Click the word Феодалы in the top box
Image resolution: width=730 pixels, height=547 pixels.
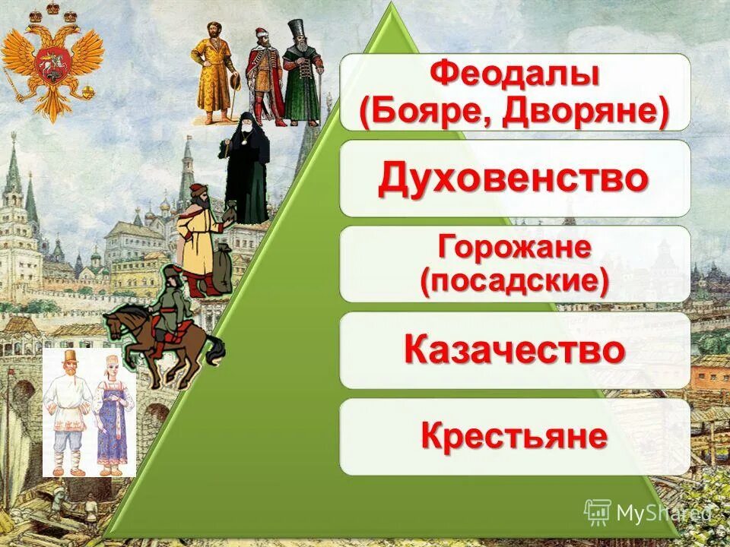[514, 75]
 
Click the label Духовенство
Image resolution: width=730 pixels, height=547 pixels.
[514, 179]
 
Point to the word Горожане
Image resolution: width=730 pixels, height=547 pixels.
[514, 247]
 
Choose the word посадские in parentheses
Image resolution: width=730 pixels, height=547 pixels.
[514, 282]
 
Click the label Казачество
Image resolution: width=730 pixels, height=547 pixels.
[514, 349]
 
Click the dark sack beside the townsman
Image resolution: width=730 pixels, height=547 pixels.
[222, 266]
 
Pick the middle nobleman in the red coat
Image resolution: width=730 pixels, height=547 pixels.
[260, 76]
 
